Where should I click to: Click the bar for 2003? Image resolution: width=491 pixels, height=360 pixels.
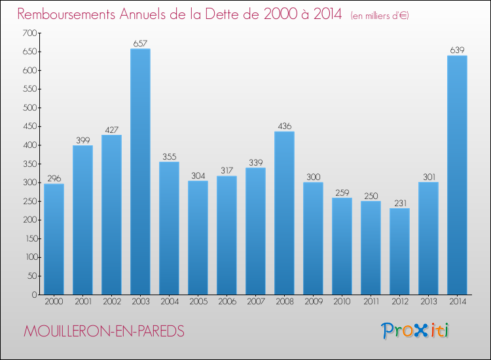click(x=140, y=171)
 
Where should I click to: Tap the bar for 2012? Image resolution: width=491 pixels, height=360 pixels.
click(x=399, y=251)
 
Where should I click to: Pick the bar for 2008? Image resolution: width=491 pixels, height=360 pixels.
click(x=284, y=213)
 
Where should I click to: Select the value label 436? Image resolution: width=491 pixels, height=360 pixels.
click(x=284, y=126)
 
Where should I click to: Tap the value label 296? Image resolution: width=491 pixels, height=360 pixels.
click(x=54, y=179)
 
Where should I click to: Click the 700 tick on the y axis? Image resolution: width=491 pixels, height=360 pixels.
click(x=29, y=33)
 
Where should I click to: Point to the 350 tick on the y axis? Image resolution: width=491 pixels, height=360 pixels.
click(x=29, y=164)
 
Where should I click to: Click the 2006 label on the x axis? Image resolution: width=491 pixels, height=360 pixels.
click(x=227, y=302)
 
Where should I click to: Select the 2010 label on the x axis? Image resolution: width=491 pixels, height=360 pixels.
click(x=342, y=302)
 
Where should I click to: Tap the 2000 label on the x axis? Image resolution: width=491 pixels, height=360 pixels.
click(x=54, y=302)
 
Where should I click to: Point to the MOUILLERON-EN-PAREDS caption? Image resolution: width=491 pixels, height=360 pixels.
click(x=104, y=332)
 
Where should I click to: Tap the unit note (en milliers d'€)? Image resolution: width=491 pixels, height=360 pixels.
click(x=380, y=15)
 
